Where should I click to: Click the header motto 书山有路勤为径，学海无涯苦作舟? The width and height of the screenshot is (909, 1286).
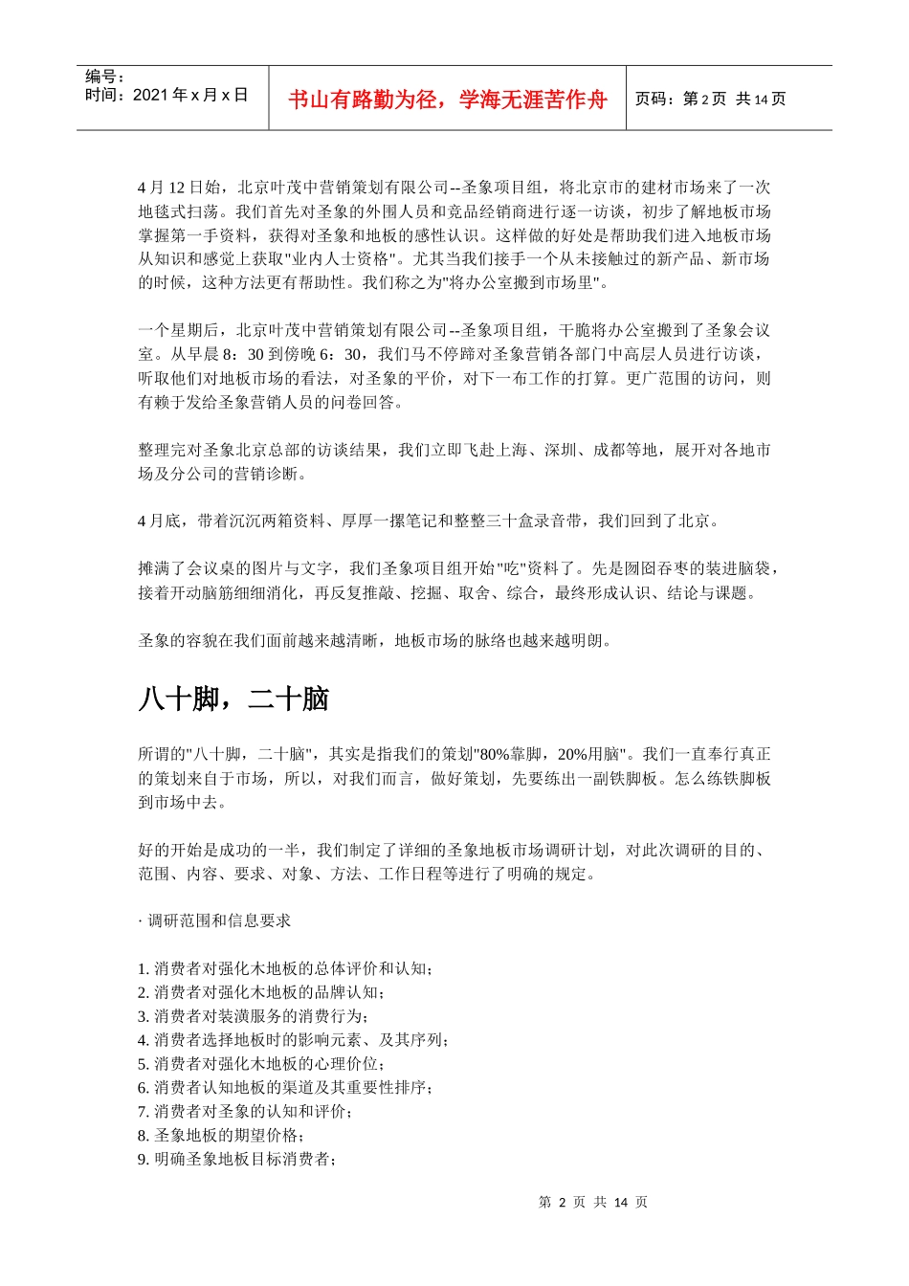pyautogui.click(x=447, y=100)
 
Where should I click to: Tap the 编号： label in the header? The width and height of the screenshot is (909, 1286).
pyautogui.click(x=105, y=77)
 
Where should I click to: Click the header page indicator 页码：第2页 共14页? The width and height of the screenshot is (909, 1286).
pyautogui.click(x=710, y=100)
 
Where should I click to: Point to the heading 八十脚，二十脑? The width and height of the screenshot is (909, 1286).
pyautogui.click(x=233, y=699)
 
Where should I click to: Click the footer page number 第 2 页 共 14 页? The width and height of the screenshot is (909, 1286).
pyautogui.click(x=592, y=1202)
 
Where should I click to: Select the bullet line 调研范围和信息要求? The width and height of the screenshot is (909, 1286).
pyautogui.click(x=218, y=920)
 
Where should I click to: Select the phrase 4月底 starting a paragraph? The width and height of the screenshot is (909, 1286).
pyautogui.click(x=159, y=521)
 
